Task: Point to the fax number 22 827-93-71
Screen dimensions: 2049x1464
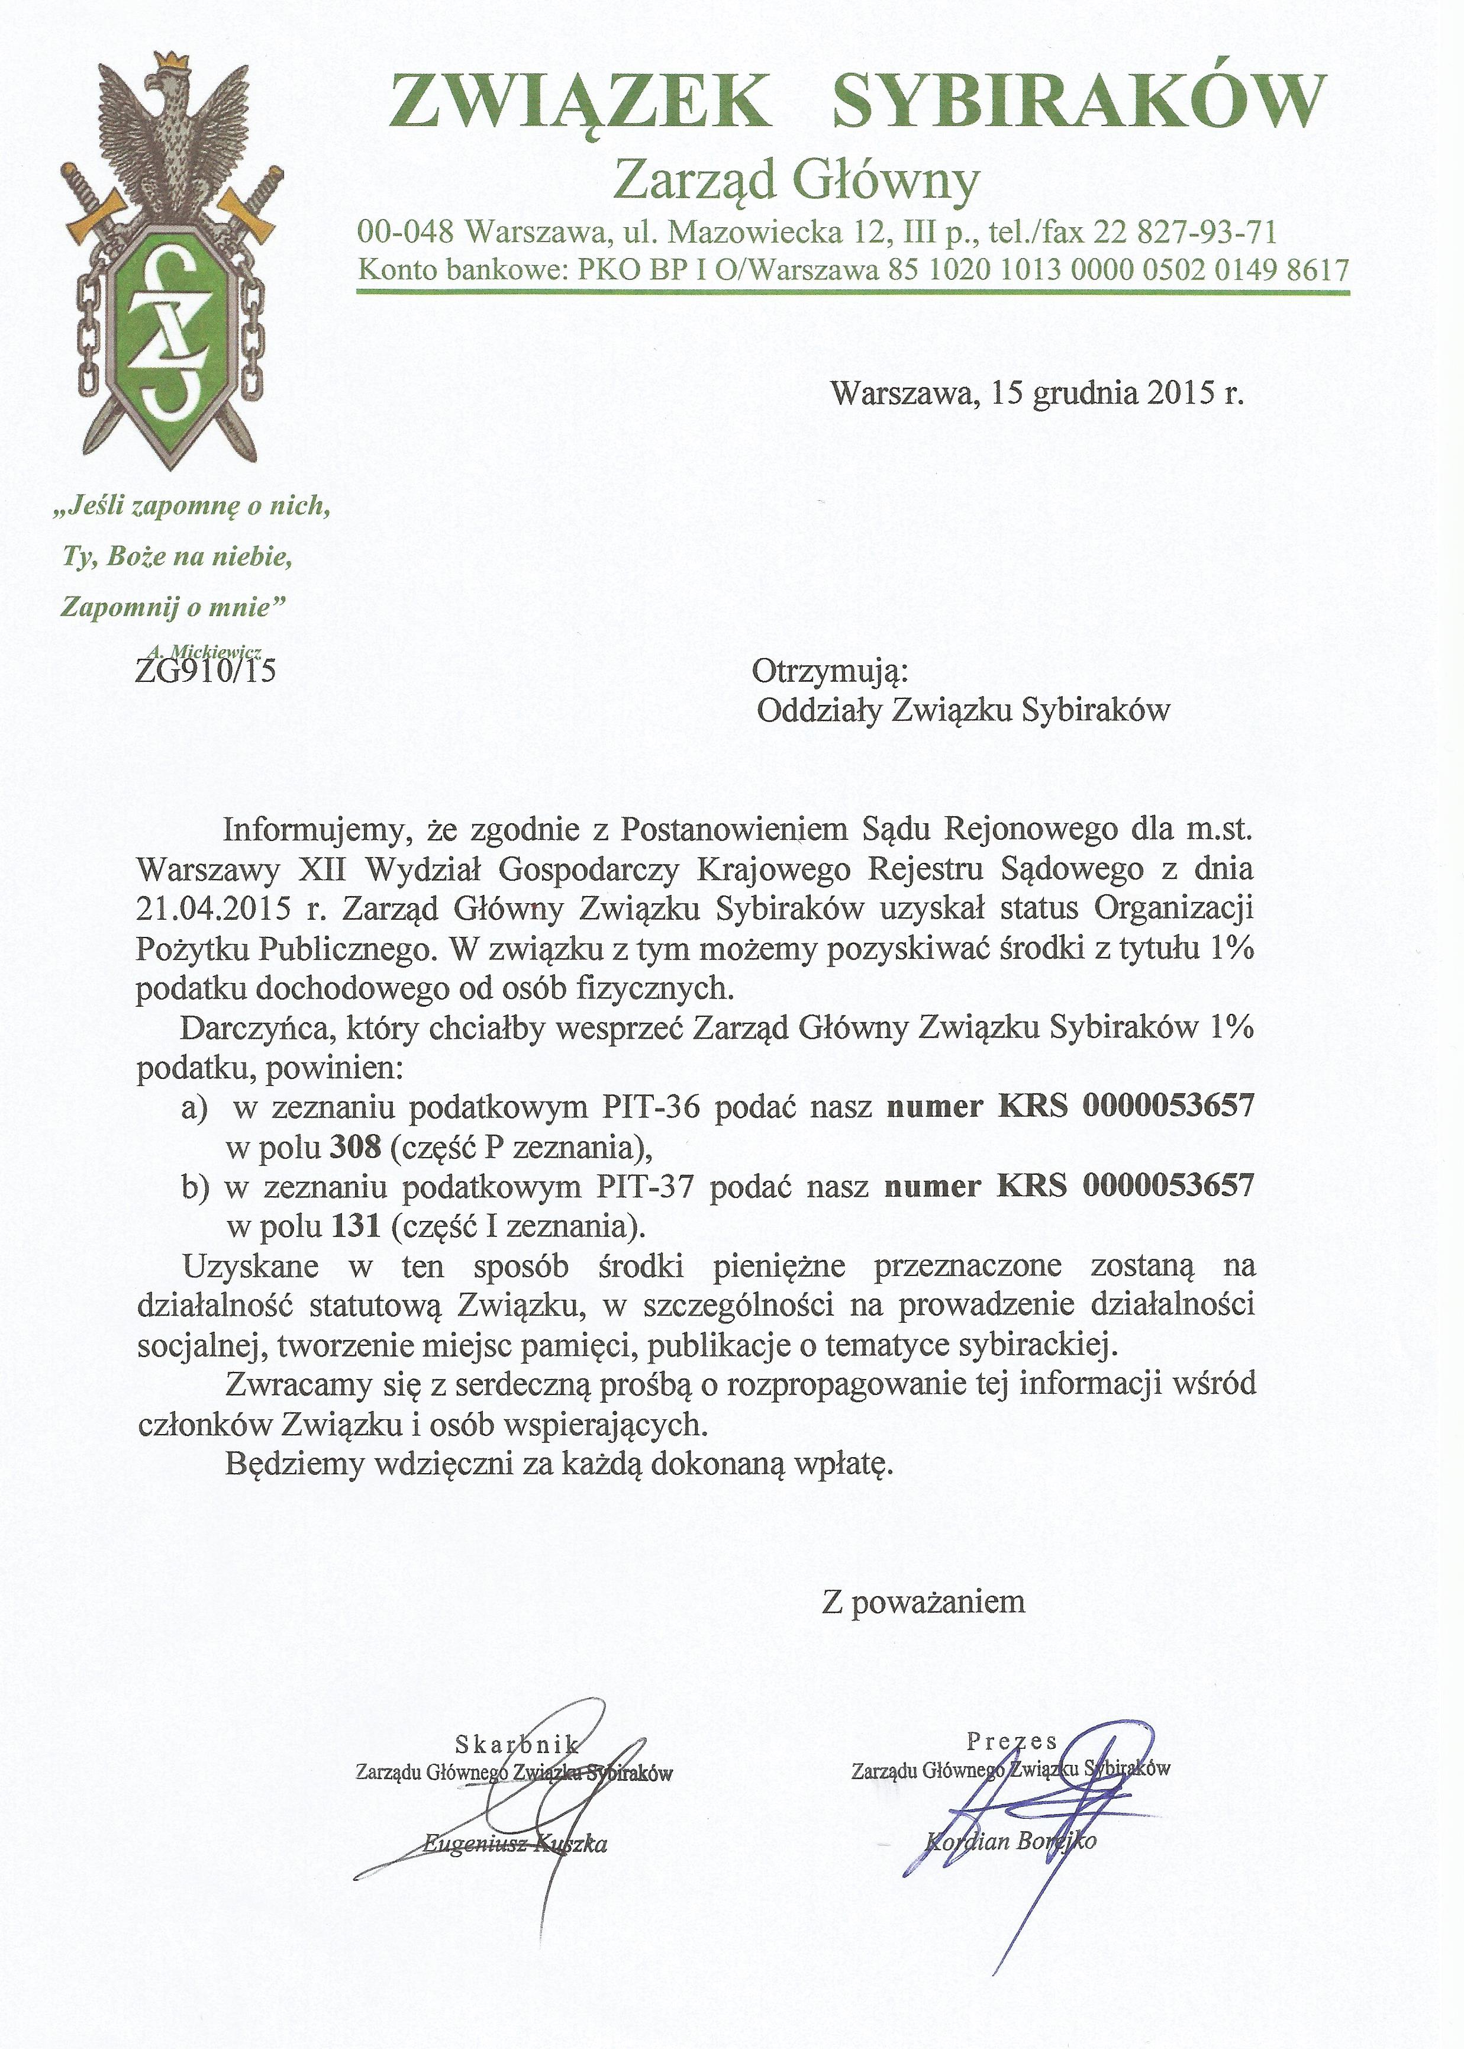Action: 1186,233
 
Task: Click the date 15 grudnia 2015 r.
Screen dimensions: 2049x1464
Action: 1117,394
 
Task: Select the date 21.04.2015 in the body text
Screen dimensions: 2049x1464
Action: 214,908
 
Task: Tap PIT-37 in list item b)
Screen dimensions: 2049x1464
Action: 644,1186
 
